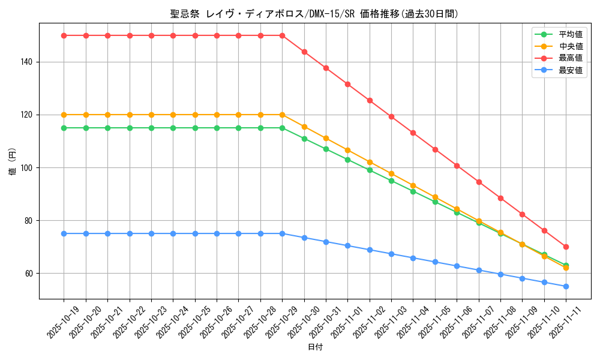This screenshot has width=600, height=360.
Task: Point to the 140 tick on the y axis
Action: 28,62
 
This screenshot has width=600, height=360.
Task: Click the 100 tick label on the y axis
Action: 28,167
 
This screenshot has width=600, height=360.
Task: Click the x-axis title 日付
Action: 315,347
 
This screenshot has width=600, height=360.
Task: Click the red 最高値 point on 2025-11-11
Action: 566,247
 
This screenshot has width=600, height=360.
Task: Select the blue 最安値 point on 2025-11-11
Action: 566,286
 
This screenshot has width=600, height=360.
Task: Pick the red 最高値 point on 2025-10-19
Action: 64,35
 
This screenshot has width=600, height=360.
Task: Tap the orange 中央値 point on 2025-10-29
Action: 282,115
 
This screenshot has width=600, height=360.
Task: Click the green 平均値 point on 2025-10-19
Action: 64,128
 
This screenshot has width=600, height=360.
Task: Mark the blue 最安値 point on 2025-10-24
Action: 173,233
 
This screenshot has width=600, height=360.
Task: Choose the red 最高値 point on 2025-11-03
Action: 391,116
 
